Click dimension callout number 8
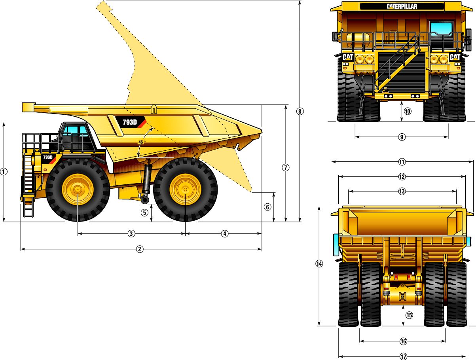300,112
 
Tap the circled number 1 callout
4,172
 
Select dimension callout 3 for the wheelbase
131,234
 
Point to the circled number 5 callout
145,212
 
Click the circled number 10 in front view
408,112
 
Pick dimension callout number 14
319,264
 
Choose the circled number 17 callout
403,356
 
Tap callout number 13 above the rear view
402,191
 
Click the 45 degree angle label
141,142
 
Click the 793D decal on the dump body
130,122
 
